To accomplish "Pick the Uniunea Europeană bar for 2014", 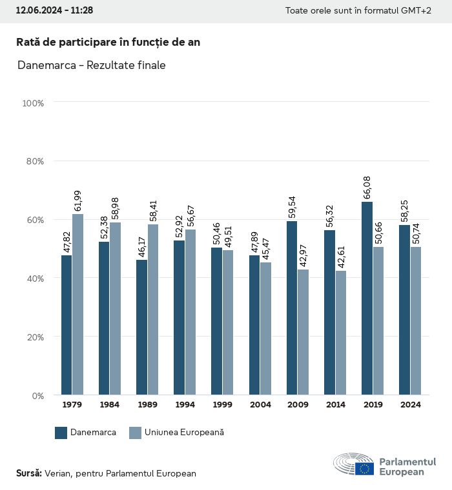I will [341, 333].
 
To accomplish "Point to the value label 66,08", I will [367, 185].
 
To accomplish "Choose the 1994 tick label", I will [185, 405].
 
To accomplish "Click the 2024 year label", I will [410, 405].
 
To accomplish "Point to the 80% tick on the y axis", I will [33, 161].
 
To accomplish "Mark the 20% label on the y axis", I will [33, 337].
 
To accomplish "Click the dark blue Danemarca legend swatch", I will [61, 433].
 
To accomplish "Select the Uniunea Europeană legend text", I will [184, 433].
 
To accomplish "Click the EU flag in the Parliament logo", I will [364, 469].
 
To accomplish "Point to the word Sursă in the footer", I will [28, 473].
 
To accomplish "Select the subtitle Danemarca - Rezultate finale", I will [91, 65].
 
